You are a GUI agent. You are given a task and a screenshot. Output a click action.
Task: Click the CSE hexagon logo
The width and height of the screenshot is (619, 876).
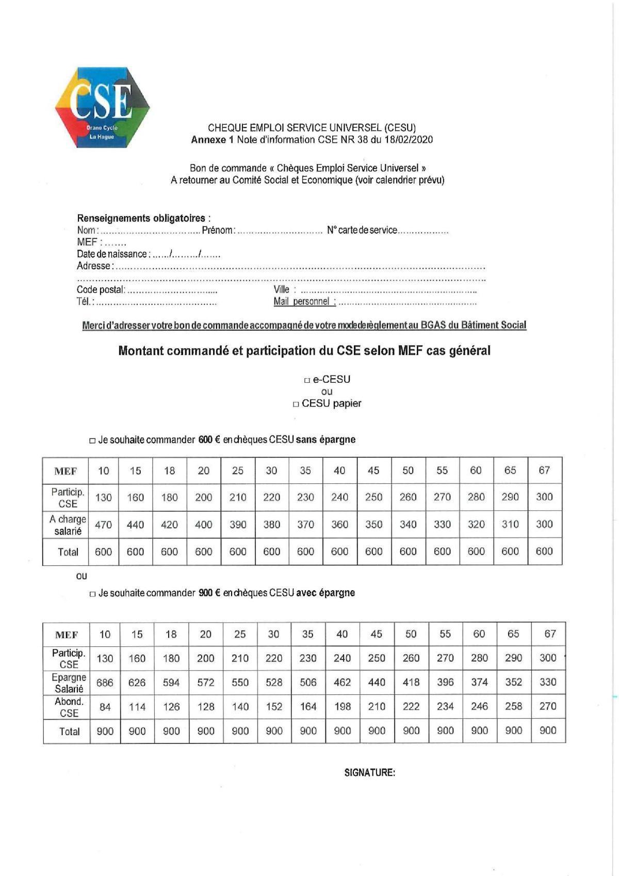(102, 107)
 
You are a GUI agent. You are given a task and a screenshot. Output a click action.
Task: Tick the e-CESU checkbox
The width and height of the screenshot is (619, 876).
(307, 380)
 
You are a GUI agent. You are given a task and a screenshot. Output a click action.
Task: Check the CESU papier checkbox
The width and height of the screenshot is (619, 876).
(296, 404)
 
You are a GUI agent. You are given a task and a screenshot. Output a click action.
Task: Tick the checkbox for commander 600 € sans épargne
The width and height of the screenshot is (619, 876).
(92, 441)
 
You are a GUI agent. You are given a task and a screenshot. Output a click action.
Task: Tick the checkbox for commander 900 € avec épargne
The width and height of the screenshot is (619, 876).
(92, 594)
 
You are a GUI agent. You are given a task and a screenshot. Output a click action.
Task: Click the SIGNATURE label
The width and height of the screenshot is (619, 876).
(369, 772)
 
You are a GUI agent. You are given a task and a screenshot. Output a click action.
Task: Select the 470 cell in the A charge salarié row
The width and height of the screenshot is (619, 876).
(103, 525)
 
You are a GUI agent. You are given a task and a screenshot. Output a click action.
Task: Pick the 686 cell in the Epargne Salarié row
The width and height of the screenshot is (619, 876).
(105, 683)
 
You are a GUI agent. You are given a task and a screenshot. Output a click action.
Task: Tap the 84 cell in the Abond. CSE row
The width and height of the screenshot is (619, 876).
(105, 707)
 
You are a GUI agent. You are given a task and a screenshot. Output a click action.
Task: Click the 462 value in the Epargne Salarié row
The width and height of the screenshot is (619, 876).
(342, 683)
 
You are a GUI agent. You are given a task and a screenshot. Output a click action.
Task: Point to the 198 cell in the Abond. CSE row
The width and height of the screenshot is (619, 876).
(342, 707)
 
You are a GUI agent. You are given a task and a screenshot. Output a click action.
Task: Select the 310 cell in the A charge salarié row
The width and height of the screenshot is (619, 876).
(510, 524)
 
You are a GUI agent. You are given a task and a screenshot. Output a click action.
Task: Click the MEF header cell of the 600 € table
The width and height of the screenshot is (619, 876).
(66, 471)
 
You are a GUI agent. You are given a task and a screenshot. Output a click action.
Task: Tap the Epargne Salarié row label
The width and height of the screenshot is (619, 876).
(69, 683)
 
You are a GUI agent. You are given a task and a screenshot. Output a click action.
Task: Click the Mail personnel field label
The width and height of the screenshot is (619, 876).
(304, 302)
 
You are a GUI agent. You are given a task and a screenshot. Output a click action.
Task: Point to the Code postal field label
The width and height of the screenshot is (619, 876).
(101, 290)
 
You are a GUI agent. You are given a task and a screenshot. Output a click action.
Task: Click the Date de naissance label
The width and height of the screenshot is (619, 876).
(112, 254)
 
